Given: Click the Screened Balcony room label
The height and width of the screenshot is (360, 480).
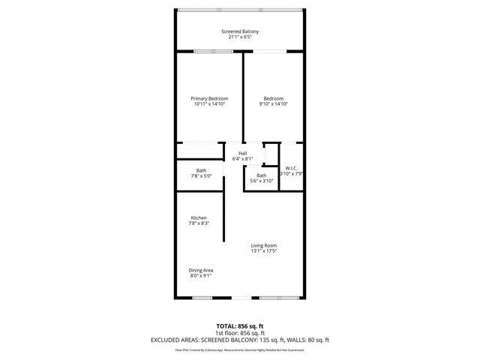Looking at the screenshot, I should tap(240, 31).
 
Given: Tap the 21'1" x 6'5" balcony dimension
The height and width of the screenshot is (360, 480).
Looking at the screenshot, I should tap(240, 37).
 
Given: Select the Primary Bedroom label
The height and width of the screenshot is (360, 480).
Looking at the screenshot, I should tap(209, 98).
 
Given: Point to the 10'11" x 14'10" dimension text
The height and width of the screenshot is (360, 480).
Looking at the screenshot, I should tap(209, 104).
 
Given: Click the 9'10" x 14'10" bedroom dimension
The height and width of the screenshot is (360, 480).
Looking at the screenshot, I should tap(273, 104).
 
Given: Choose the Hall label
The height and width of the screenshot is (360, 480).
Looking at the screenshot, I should tap(243, 153).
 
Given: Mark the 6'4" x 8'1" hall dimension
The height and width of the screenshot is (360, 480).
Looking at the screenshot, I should tap(243, 159).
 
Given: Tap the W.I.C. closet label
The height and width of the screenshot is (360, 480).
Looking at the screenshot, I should tap(292, 168).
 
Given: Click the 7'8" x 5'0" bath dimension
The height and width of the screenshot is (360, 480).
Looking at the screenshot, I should tap(202, 176).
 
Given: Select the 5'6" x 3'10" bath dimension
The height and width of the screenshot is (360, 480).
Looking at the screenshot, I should tap(261, 181).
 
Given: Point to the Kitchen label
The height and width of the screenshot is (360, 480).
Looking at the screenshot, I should tap(198, 217).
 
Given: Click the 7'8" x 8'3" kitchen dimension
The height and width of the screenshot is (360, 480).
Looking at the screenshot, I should tap(198, 223).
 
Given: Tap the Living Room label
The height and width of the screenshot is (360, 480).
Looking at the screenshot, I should tap(264, 245).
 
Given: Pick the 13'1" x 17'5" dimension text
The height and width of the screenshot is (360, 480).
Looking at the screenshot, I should tap(264, 251).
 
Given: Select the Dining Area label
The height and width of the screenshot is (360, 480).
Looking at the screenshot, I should tap(201, 270).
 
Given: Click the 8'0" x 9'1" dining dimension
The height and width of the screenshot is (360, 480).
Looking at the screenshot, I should tap(201, 276).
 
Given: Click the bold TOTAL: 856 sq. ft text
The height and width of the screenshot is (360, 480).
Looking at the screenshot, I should tap(240, 325).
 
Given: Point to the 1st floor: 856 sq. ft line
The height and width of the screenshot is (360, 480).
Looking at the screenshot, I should tap(240, 332).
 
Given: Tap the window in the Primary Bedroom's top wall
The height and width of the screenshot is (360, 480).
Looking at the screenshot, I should tap(212, 51).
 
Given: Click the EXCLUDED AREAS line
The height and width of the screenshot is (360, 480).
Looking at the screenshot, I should tap(240, 340).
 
